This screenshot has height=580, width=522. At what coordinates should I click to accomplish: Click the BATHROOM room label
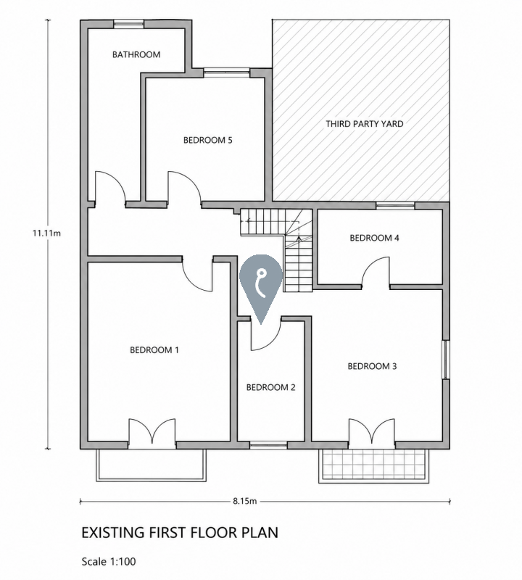[136, 55]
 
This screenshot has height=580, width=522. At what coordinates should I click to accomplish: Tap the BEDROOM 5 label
[207, 140]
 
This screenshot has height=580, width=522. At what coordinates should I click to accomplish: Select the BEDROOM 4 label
[374, 238]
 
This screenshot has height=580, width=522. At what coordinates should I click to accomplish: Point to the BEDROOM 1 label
[154, 350]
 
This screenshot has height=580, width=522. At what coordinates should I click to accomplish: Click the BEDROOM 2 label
[271, 387]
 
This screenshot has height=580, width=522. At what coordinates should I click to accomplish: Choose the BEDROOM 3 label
[372, 366]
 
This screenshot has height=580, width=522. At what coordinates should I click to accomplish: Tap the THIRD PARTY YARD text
[365, 124]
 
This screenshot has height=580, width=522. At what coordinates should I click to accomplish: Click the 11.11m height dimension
[46, 233]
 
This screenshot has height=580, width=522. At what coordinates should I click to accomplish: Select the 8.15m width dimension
[244, 501]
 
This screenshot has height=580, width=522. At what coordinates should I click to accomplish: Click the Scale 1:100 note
[109, 561]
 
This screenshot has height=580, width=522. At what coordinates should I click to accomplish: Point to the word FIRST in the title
[168, 533]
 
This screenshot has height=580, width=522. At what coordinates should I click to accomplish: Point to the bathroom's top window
[128, 24]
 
